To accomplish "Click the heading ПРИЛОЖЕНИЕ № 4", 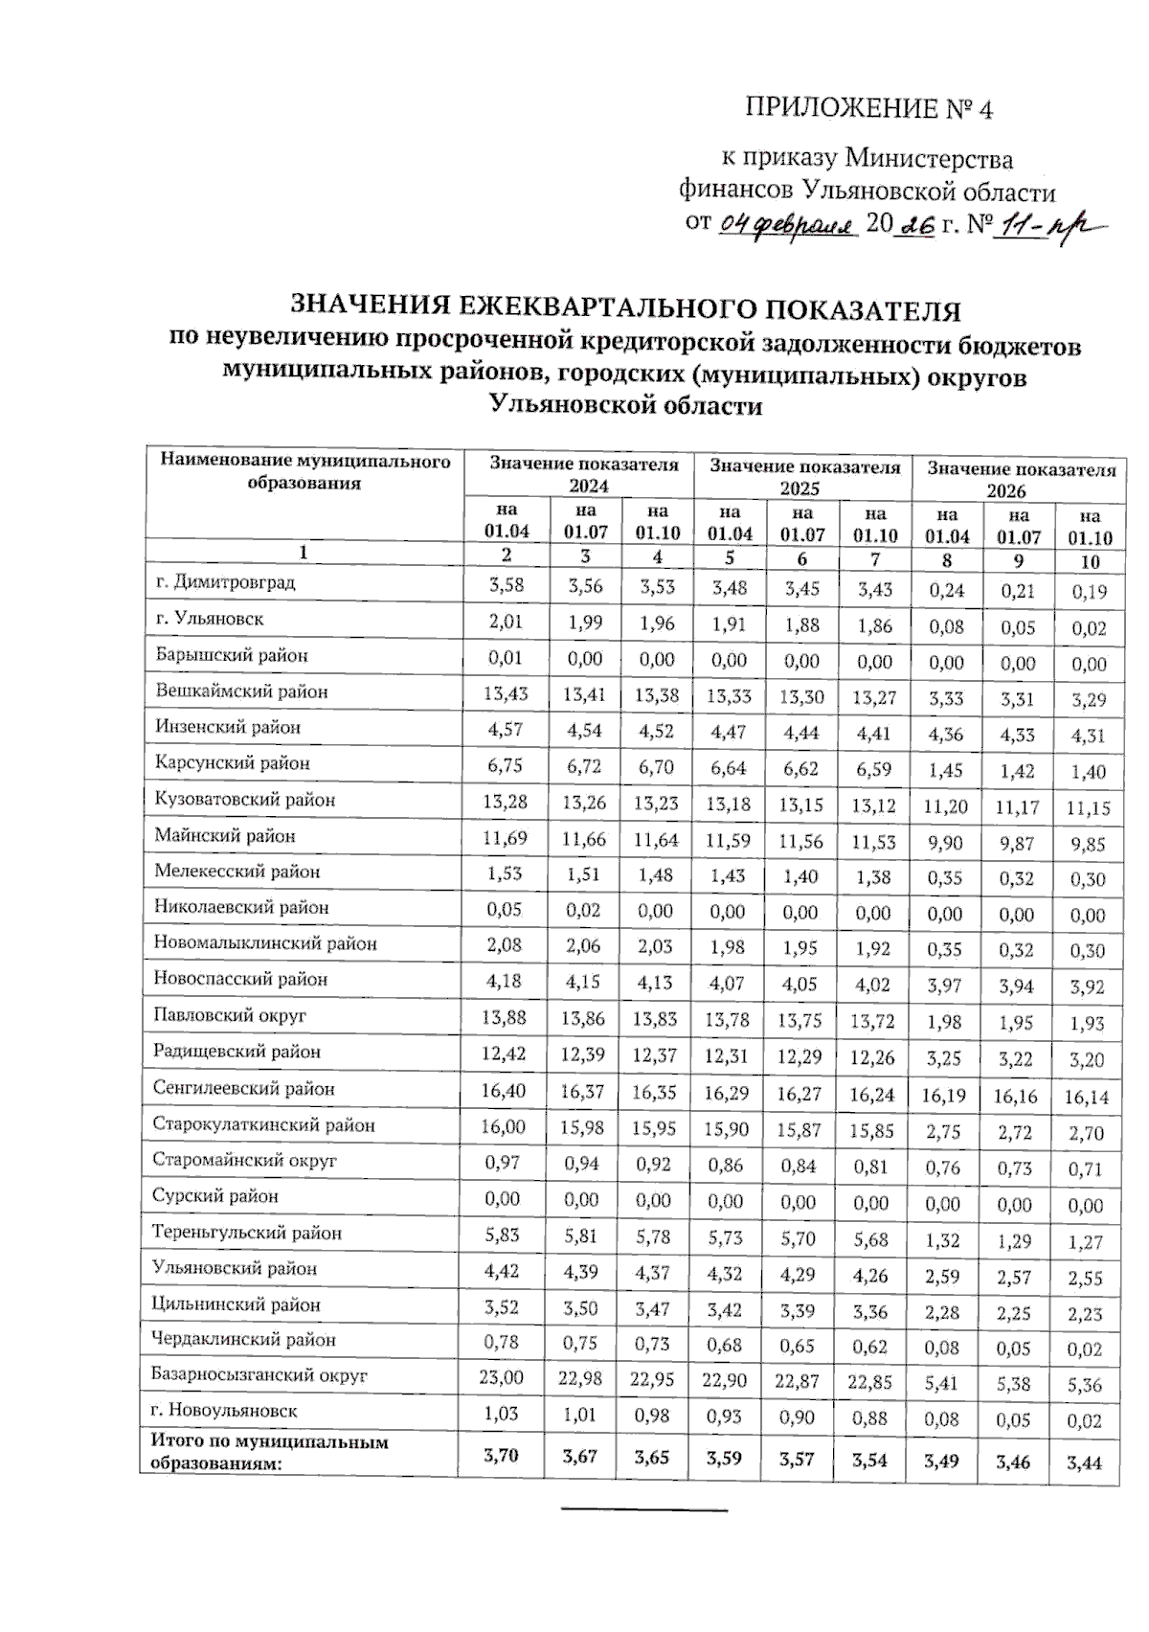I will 868,108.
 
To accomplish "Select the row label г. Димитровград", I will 226,582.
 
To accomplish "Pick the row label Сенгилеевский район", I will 244,1089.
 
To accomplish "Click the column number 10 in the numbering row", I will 1089,562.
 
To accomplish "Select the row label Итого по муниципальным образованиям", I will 269,1452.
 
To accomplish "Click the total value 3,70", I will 501,1456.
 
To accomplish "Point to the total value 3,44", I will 1085,1462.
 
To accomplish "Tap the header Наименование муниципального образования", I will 304,472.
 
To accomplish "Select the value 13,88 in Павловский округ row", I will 504,1018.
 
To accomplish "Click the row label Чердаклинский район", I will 247,1340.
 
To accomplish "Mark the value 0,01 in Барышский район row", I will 505,657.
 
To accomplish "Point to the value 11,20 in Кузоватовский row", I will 944,806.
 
